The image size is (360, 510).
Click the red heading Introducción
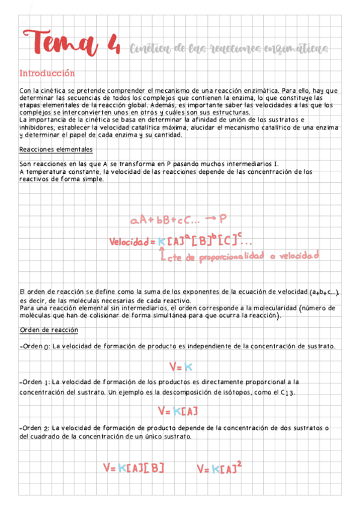47,73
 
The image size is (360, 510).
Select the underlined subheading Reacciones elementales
56,149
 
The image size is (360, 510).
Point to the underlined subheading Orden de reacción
49,331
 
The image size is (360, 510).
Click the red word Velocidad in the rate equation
129,242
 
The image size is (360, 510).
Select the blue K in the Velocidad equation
161,242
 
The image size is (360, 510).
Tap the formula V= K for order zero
180,366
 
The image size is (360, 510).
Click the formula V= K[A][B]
133,467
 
